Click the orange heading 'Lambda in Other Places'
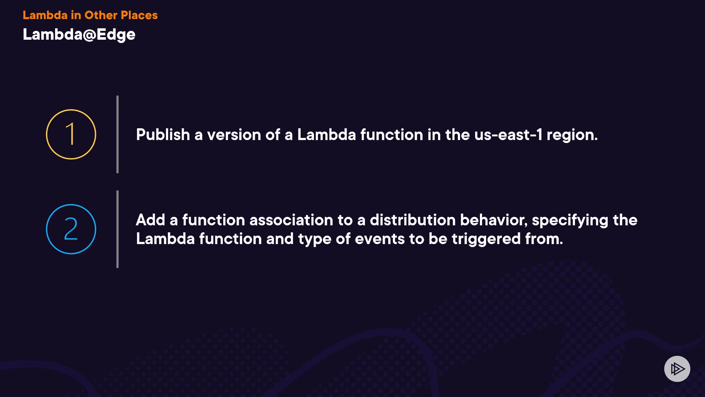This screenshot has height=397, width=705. [x=90, y=15]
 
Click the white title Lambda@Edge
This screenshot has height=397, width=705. [x=79, y=35]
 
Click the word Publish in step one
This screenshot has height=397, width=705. [x=163, y=135]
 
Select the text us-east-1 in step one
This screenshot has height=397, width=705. [x=508, y=135]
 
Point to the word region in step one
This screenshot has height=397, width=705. [x=572, y=136]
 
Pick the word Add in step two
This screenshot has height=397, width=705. [x=151, y=220]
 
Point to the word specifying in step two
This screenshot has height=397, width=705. [x=570, y=221]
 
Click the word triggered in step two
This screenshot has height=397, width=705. [x=486, y=239]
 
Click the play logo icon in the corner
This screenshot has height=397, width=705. [x=677, y=369]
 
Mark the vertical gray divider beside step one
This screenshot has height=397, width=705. [x=117, y=134]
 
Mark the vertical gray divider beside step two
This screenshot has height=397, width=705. [x=117, y=229]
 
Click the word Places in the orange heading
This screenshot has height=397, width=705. [x=139, y=15]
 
